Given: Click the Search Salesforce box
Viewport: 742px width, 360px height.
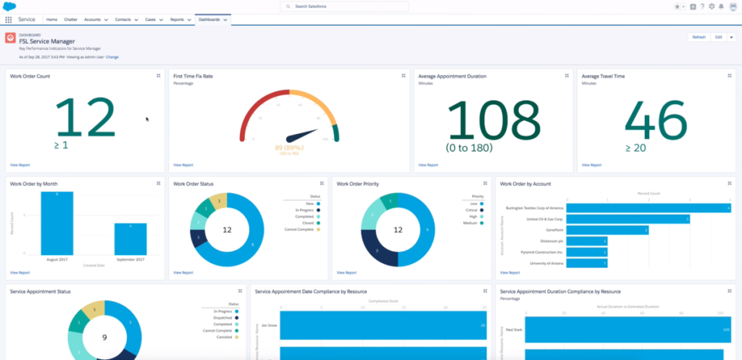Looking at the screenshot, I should coord(344,7).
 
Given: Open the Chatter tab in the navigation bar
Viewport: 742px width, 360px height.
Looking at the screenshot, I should coord(72,20).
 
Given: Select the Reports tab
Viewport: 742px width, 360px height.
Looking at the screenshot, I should coord(177,20).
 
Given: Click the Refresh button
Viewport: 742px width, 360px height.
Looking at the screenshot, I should coord(699,37).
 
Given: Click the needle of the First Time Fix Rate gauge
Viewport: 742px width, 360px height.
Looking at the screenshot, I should coord(303,135).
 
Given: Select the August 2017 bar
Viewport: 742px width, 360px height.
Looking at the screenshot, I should coord(57,222).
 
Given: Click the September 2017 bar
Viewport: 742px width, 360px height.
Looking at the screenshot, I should coord(130,238).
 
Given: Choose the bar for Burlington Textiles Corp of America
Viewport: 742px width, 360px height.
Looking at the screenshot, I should coord(649,208).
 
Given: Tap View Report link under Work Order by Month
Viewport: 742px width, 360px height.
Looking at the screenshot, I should coord(20,272).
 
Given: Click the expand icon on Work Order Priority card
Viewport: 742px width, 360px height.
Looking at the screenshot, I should coord(485,184).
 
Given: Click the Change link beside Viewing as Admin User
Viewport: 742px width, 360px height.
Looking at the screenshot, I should coord(112,56).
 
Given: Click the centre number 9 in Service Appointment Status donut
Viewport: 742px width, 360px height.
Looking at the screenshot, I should coord(104,338).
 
